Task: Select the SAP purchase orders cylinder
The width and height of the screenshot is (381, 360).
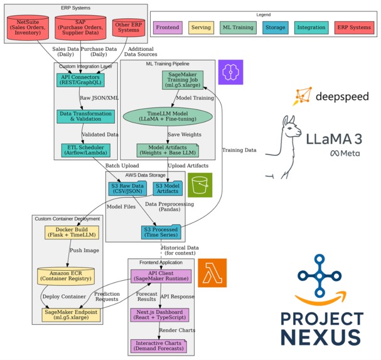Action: point(80,28)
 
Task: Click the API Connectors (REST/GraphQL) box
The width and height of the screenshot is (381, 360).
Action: point(80,80)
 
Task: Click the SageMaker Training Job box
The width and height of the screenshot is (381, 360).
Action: point(183,80)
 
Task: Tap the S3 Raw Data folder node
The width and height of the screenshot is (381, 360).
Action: point(129,188)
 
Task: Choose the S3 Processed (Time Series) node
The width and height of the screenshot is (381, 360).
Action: point(162,233)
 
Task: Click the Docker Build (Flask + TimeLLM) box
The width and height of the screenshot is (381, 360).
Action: point(68,232)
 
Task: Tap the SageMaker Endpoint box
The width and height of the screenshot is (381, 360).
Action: point(71,314)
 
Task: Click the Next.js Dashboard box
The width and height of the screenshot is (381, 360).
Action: point(159,314)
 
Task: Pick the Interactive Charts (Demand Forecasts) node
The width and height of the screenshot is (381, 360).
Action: point(159,346)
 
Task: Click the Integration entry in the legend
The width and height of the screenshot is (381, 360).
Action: point(311,28)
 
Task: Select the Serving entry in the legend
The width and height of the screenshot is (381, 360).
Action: point(201,28)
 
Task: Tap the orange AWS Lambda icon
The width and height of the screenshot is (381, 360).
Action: point(212,273)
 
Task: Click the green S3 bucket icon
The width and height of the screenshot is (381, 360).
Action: point(200,185)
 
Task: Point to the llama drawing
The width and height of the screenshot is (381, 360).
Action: point(284,148)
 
